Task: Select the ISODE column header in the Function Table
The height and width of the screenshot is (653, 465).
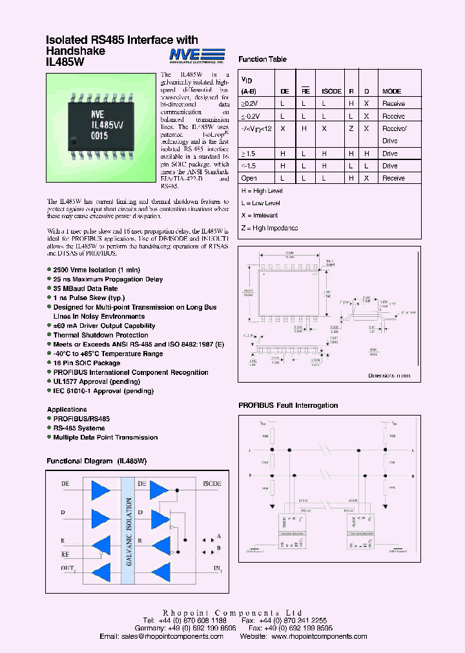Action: (x=331, y=92)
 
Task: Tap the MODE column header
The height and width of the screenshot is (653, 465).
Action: (x=391, y=92)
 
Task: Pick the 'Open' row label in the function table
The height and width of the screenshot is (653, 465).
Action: (x=249, y=178)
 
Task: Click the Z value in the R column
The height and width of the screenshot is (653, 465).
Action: (x=351, y=128)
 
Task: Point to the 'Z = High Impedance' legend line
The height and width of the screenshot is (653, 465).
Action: (x=269, y=228)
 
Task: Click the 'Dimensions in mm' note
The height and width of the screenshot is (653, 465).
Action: (x=389, y=376)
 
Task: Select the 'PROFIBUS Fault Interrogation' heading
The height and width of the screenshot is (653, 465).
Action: (x=288, y=405)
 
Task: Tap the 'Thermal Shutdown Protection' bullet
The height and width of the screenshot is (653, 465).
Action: (x=101, y=335)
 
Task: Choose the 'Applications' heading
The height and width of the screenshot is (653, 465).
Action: (x=67, y=409)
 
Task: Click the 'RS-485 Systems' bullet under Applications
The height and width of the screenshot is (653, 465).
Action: (x=79, y=428)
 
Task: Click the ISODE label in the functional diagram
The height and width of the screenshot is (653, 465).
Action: (x=212, y=483)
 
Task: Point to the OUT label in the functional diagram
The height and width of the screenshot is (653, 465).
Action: (x=68, y=568)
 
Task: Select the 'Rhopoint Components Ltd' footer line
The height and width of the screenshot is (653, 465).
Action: (x=232, y=612)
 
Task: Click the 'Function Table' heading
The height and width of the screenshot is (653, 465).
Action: (x=262, y=59)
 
